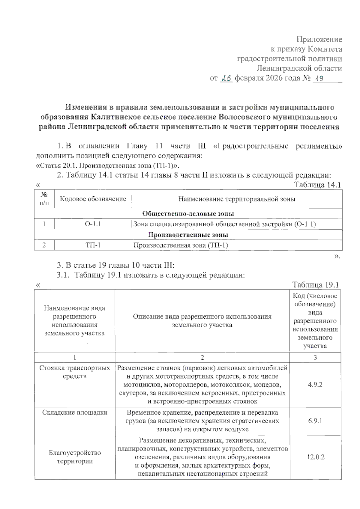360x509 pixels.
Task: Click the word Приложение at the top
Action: [x=319, y=39]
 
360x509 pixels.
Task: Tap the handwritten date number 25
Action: [x=226, y=78]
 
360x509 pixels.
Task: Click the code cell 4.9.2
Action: [x=315, y=385]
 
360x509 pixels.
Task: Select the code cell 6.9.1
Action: [x=315, y=421]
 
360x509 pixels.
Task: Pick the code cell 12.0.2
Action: [x=315, y=457]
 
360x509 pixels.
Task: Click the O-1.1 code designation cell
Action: [x=93, y=224]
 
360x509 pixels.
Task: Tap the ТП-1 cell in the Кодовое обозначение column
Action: [x=93, y=245]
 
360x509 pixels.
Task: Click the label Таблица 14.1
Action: [x=317, y=185]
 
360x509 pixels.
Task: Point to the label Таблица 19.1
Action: [x=315, y=284]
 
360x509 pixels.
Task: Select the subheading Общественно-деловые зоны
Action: [x=188, y=213]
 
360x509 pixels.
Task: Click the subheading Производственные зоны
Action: [x=188, y=235]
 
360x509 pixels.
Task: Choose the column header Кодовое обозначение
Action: [x=93, y=199]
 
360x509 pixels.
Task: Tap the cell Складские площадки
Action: [x=75, y=412]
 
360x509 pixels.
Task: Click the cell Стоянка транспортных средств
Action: [x=75, y=372]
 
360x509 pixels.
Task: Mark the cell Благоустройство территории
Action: [x=75, y=457]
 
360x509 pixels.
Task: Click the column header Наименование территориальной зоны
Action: [x=237, y=199]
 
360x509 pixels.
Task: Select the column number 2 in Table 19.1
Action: [x=202, y=357]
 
